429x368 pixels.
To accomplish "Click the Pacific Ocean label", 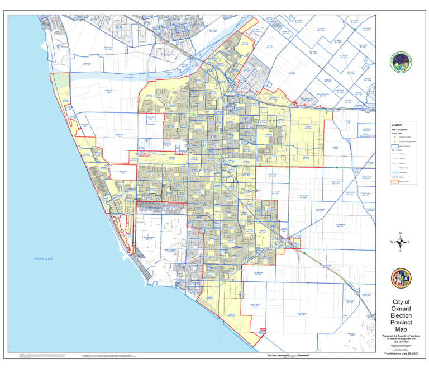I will click(42, 259).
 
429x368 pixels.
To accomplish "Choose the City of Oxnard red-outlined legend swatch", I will click(395, 182).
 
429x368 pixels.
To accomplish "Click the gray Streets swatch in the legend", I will click(395, 177).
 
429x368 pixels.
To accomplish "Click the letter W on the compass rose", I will click(392, 242).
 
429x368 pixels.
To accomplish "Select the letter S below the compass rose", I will click(401, 251).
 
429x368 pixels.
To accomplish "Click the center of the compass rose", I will click(401, 242).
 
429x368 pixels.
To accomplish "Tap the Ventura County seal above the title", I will click(401, 278).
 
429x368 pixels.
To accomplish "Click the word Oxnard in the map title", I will click(401, 308).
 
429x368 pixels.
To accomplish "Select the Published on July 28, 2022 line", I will click(401, 353).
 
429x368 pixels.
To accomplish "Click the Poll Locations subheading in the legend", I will click(398, 129).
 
